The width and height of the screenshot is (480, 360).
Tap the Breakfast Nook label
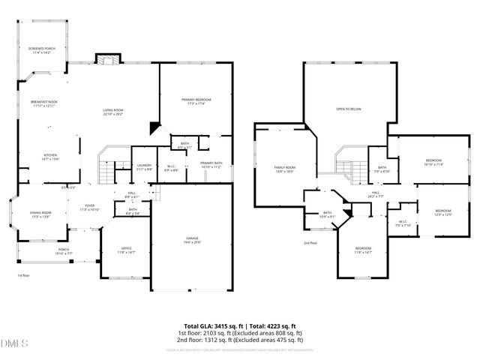[x=43, y=103]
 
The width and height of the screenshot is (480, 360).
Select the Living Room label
[x=113, y=112]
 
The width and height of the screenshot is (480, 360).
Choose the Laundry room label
[x=144, y=167]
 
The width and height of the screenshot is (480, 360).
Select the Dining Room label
[x=40, y=214]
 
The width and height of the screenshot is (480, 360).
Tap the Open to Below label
[x=349, y=109]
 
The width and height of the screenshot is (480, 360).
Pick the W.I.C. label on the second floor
[x=403, y=222]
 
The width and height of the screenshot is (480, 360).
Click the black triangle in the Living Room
[x=154, y=127]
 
